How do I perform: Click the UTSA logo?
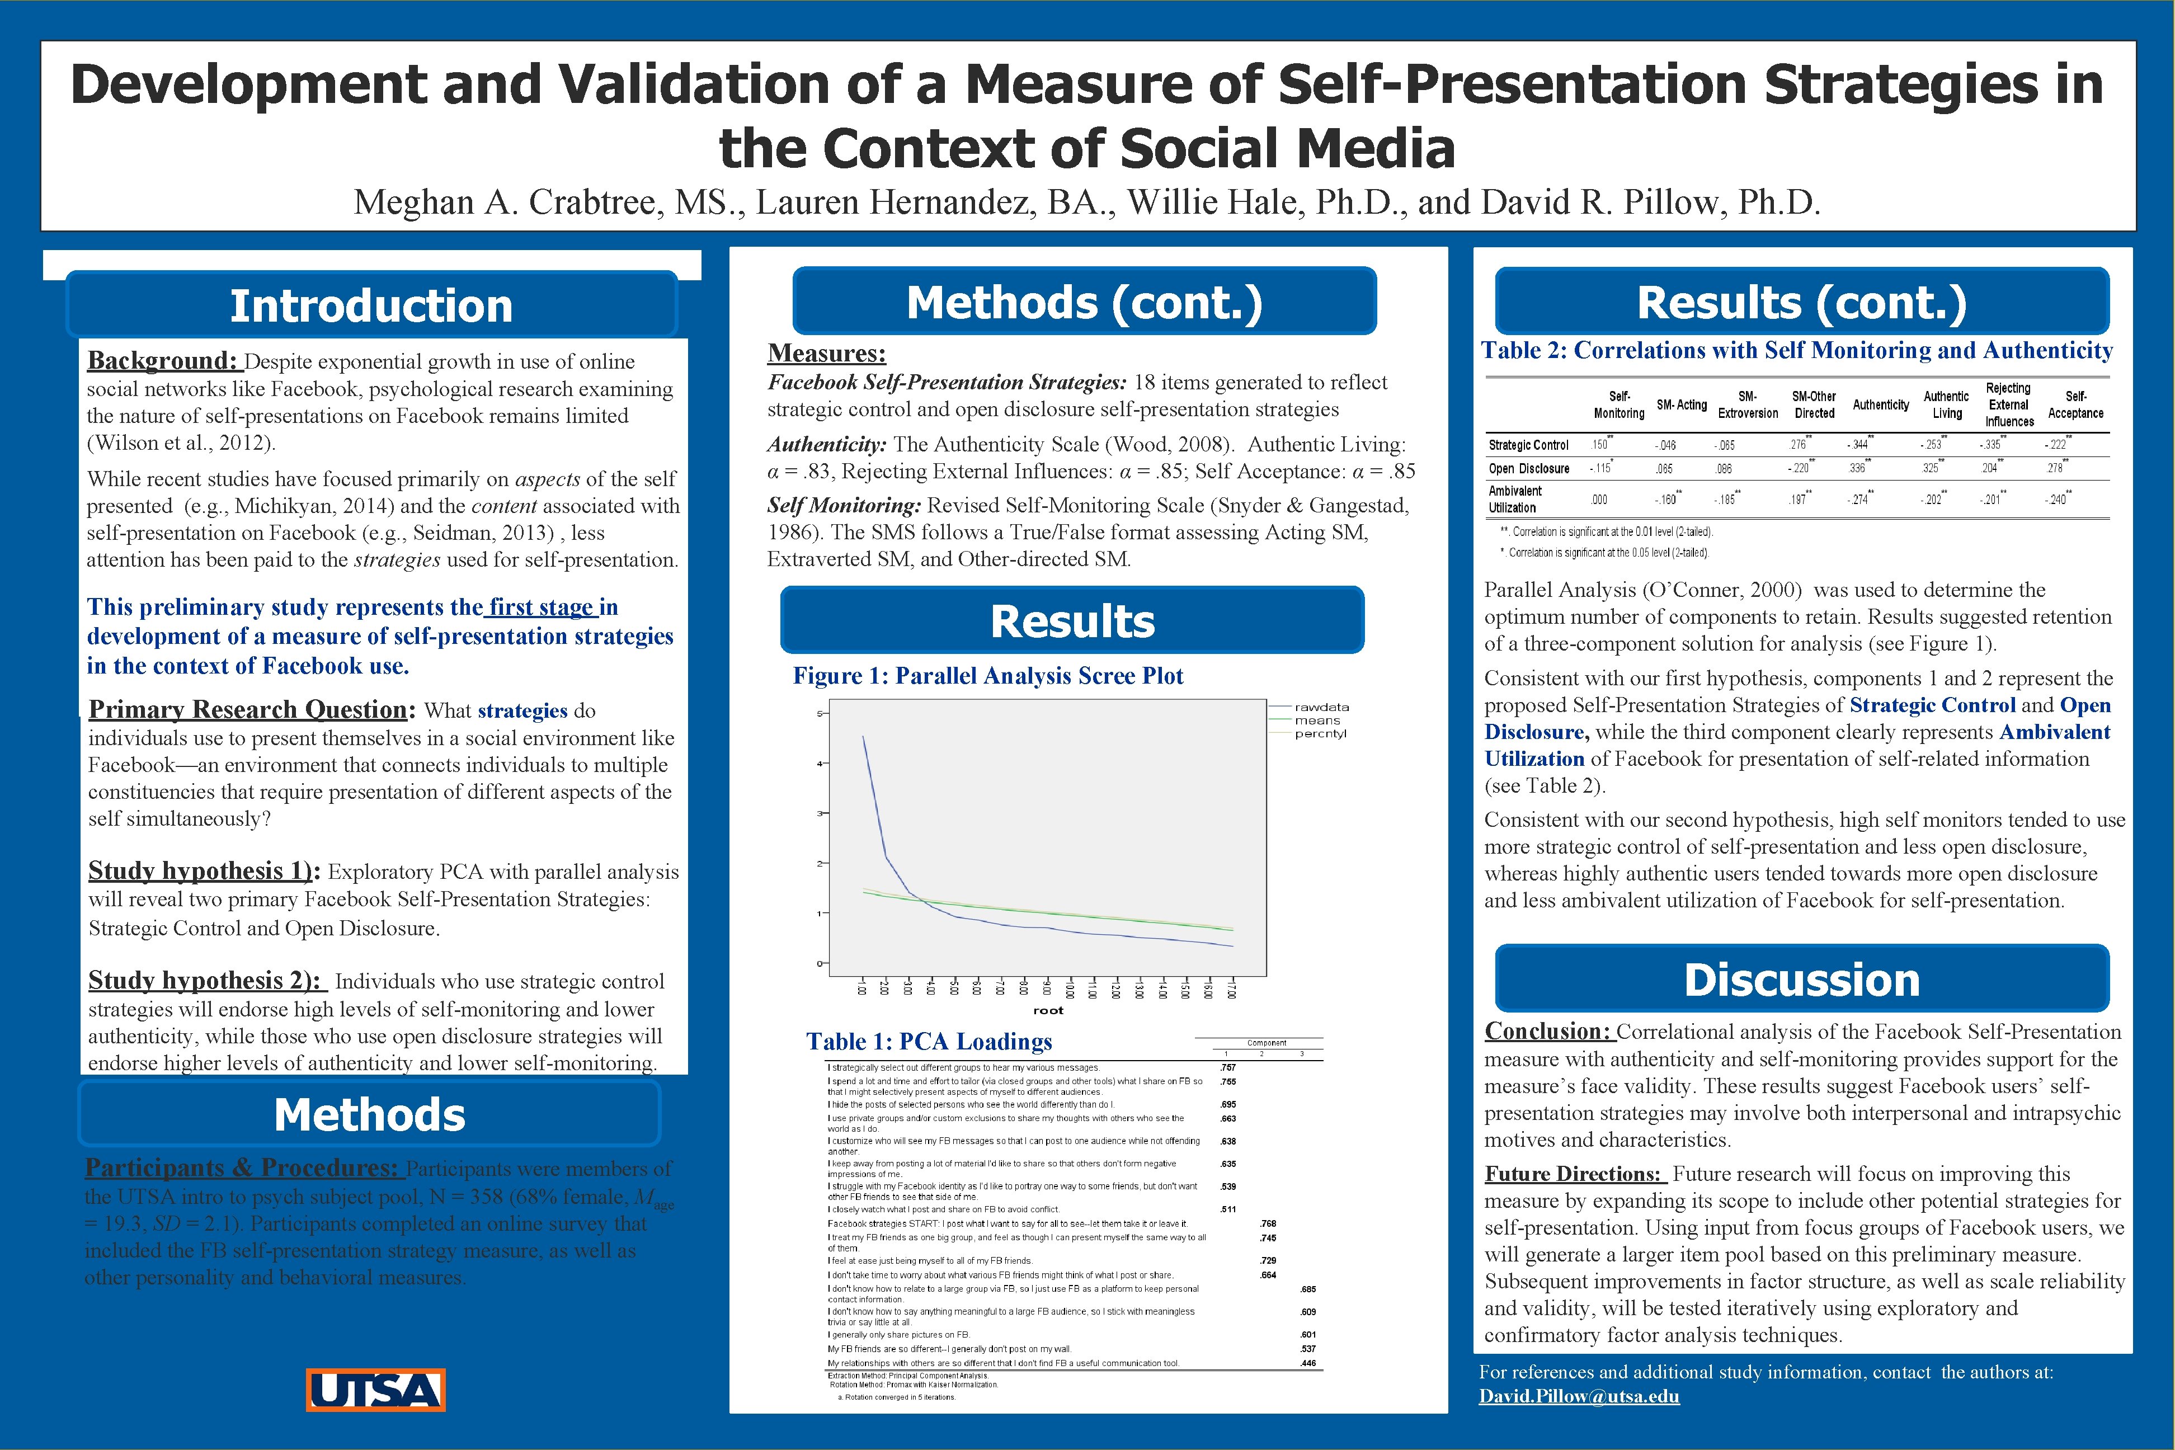[375, 1390]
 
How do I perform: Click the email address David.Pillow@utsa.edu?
[1579, 1396]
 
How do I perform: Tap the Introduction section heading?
[371, 305]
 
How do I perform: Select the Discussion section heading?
[1801, 980]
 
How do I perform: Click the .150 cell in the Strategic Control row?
[1599, 445]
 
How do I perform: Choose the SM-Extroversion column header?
[1748, 405]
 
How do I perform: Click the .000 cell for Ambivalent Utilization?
[1599, 500]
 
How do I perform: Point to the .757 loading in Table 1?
[1228, 1067]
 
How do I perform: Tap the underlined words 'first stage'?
[541, 608]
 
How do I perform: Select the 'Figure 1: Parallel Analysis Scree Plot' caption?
[987, 676]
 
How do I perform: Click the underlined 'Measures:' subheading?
[826, 353]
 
